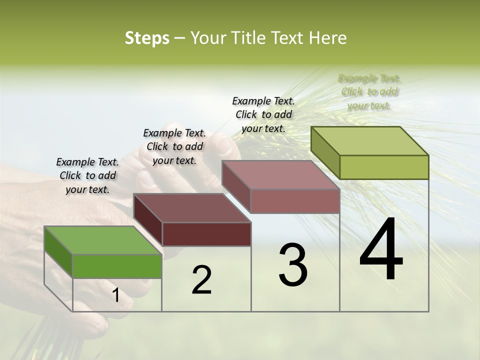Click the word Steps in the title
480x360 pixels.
coord(147,38)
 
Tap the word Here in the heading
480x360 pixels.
coord(329,38)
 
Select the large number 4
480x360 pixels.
coord(381,250)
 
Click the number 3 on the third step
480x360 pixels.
coord(293,265)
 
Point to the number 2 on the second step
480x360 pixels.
coord(201,280)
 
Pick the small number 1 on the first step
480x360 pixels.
coord(116,295)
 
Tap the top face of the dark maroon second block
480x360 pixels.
coord(192,207)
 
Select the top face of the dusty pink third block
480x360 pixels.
coord(281,175)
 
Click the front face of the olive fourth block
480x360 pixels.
coord(384,167)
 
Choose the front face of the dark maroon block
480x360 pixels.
coord(206,234)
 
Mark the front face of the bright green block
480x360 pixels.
coord(117,266)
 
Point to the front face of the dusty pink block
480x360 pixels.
coord(295,201)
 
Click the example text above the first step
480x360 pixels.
coord(87,175)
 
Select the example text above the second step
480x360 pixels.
coord(174,146)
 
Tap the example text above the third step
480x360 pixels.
coord(263,114)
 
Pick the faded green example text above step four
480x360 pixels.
coord(369,91)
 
